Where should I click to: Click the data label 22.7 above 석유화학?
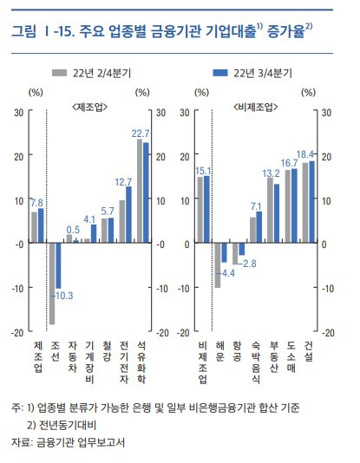point(141,134)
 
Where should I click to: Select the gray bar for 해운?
point(218,264)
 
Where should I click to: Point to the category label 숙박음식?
point(255,362)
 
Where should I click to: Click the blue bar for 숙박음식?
point(259,227)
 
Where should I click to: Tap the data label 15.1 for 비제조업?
point(205,171)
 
